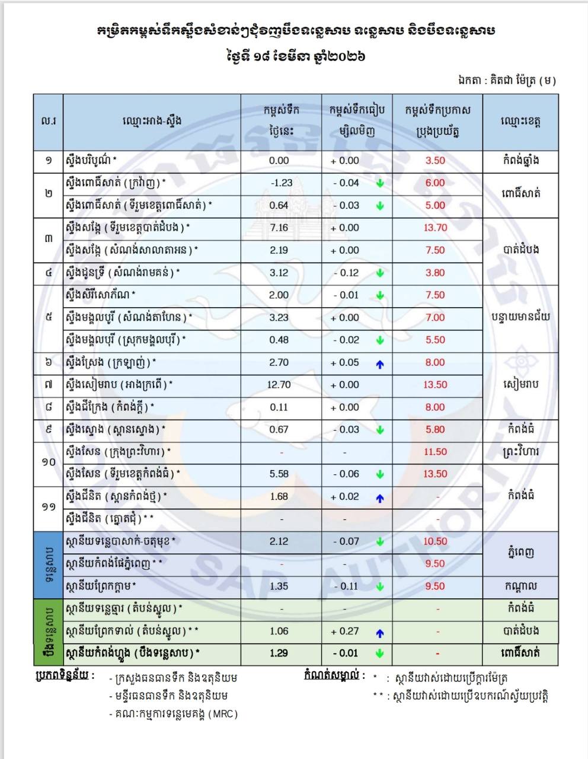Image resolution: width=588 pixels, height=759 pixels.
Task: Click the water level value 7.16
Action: click(279, 228)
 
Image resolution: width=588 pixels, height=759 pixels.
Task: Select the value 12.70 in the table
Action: click(279, 385)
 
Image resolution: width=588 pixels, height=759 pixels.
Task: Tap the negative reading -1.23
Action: click(281, 183)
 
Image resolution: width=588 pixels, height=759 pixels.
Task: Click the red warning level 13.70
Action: click(435, 228)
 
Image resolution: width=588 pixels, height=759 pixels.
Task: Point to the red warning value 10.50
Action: click(435, 541)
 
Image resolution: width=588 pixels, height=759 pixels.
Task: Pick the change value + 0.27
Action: click(345, 631)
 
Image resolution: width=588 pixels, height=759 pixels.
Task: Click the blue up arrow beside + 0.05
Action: click(380, 364)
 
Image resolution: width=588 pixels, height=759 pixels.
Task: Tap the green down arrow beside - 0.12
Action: click(380, 273)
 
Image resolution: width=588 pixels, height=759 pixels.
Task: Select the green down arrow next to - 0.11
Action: click(380, 586)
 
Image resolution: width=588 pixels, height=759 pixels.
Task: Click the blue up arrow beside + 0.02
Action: click(380, 499)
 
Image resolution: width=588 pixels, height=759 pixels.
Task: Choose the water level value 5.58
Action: click(279, 474)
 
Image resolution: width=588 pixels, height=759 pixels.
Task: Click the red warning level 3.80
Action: click(435, 273)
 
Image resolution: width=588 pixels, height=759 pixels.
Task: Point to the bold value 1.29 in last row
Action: click(279, 653)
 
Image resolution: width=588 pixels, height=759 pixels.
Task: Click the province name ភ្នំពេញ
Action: click(520, 553)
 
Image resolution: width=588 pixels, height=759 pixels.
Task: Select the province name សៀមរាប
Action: click(520, 385)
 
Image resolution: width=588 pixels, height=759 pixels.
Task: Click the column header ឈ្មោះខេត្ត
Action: click(520, 122)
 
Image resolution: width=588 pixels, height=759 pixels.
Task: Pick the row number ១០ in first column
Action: click(48, 463)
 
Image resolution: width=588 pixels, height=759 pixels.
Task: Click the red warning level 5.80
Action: click(435, 429)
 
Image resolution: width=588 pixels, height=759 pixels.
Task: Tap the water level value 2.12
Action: click(279, 541)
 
